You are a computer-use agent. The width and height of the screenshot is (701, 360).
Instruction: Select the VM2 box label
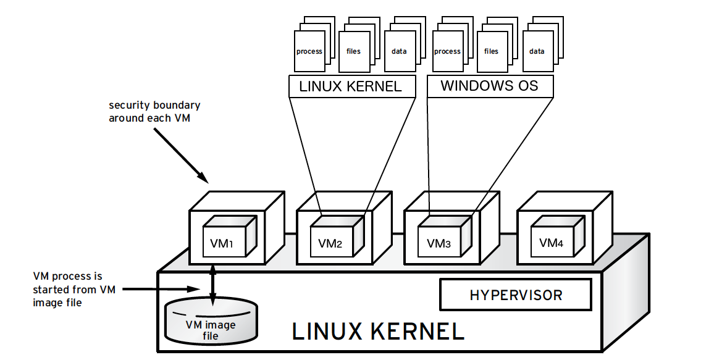pyautogui.click(x=330, y=243)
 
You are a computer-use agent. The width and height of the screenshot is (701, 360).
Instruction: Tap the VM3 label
pyautogui.click(x=439, y=243)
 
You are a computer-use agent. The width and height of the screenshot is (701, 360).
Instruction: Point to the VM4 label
pyautogui.click(x=551, y=243)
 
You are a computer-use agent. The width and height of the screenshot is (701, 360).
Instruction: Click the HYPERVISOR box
pyautogui.click(x=516, y=295)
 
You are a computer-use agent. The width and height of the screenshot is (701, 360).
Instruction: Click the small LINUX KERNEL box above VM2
pyautogui.click(x=350, y=86)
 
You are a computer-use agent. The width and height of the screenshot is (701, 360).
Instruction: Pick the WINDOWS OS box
pyautogui.click(x=489, y=86)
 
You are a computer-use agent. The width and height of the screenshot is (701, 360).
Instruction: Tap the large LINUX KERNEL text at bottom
pyautogui.click(x=377, y=332)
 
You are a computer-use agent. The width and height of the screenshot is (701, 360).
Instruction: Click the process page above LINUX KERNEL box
pyautogui.click(x=309, y=52)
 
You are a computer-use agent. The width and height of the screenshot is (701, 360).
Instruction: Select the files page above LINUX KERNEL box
pyautogui.click(x=354, y=52)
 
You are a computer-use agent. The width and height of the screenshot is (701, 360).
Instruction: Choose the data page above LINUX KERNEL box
pyautogui.click(x=399, y=52)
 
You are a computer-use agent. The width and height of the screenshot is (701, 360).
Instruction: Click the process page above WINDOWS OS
pyautogui.click(x=447, y=52)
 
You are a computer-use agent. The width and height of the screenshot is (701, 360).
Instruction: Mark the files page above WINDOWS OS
pyautogui.click(x=492, y=52)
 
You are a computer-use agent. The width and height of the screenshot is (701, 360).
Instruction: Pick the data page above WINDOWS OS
pyautogui.click(x=537, y=52)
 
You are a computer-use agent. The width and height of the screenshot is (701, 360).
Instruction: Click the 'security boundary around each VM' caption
pyautogui.click(x=154, y=111)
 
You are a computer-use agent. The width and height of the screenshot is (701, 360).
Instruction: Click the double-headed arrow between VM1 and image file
pyautogui.click(x=213, y=285)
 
